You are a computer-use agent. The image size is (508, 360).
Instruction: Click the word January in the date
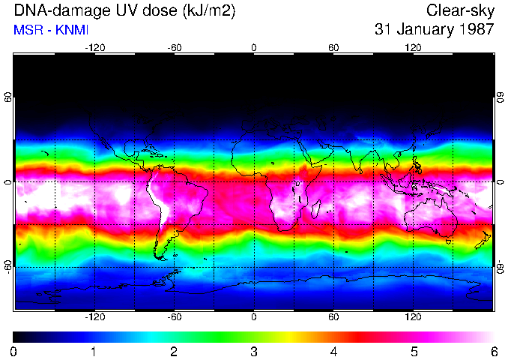click(422, 30)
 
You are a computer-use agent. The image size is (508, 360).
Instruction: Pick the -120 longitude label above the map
click(94, 48)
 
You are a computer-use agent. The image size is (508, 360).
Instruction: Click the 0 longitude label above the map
click(254, 48)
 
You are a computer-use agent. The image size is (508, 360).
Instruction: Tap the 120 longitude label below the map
click(413, 317)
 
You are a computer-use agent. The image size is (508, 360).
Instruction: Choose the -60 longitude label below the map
click(174, 317)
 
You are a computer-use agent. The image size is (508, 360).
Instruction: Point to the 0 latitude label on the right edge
click(500, 182)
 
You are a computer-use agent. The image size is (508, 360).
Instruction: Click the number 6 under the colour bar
click(493, 351)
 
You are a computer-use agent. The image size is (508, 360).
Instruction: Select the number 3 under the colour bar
click(254, 351)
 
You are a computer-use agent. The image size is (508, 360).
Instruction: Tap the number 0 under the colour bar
click(14, 351)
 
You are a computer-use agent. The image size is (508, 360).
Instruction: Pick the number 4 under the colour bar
click(333, 351)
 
